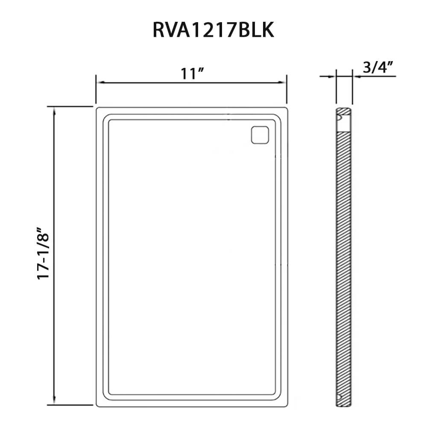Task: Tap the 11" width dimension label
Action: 191,73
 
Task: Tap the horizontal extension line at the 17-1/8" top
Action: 70,106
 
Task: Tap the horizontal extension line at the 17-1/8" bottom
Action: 70,405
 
